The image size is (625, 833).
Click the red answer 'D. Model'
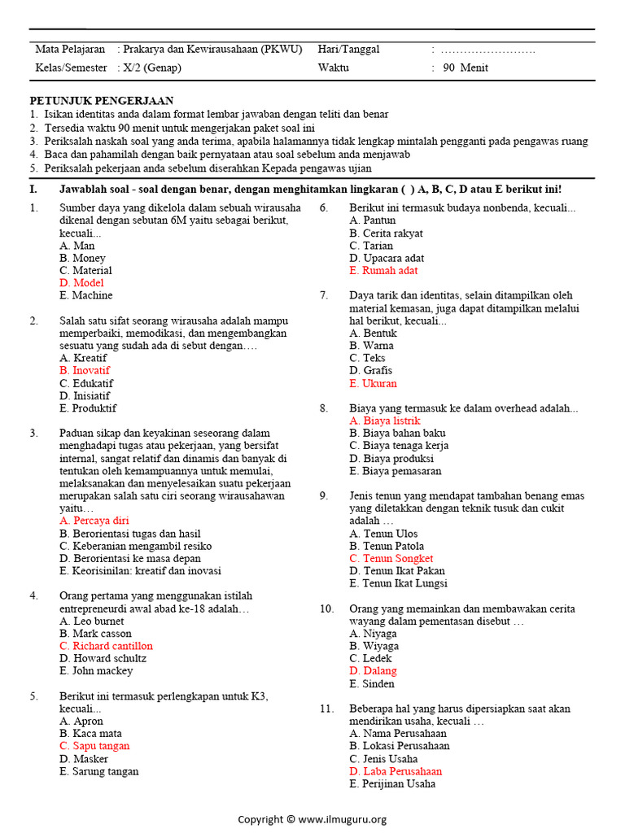pos(81,283)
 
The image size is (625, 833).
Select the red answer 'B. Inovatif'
pos(85,370)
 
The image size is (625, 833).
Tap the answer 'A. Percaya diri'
pos(94,521)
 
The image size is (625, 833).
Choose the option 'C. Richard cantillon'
pos(106,646)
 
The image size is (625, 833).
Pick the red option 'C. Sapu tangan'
pos(94,746)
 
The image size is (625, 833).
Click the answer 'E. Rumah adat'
pos(383,271)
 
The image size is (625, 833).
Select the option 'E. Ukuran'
pos(374,383)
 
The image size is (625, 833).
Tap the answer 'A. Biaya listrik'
pos(385,421)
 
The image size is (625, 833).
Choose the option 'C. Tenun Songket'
pos(391,559)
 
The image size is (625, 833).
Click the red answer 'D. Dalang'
pos(374,671)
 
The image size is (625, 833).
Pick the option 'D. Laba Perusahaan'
pos(396,771)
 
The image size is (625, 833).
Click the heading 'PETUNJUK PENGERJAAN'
pos(102,101)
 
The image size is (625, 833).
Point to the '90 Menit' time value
pos(465,68)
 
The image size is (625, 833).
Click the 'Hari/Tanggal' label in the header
pos(348,49)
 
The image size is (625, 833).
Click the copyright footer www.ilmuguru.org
pos(312,819)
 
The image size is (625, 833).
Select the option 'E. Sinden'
pos(372,684)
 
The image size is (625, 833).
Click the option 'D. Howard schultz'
pos(103,658)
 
